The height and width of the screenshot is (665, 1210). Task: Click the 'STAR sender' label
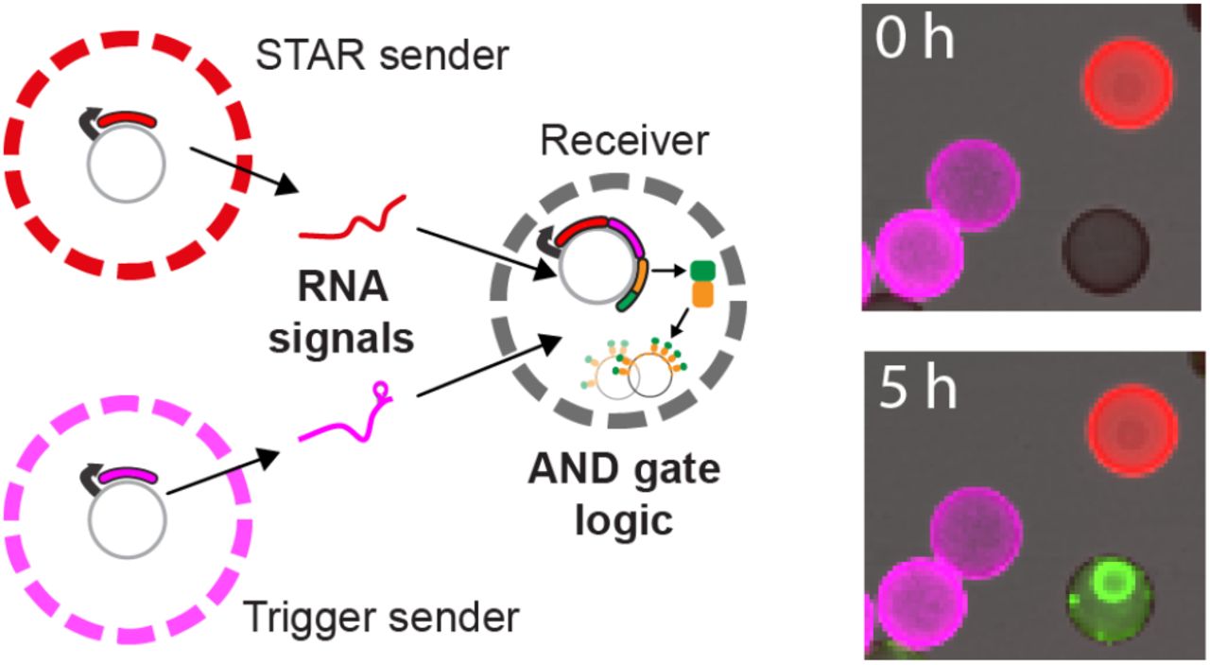(x=382, y=57)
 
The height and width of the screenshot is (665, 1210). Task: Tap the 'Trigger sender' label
(x=381, y=617)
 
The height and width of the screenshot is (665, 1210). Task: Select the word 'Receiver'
(x=624, y=142)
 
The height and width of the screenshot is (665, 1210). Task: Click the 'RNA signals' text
(x=341, y=312)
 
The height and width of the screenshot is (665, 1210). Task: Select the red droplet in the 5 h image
(x=1131, y=430)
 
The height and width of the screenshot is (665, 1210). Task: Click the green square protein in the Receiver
(x=702, y=271)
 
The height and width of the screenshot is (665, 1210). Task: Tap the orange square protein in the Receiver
(x=702, y=293)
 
